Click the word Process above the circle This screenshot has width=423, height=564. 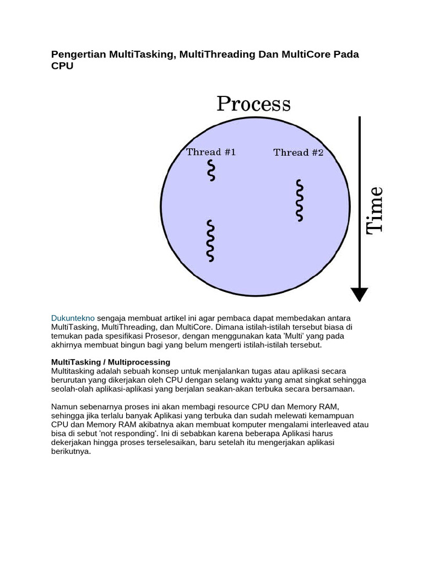253,104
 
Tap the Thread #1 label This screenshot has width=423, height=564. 211,152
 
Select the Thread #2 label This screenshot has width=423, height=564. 299,153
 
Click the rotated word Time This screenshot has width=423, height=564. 375,210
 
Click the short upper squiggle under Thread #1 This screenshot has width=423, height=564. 211,171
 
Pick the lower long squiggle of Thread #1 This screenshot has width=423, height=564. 210,241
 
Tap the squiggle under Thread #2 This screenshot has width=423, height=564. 299,200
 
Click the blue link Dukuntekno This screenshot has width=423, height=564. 73,318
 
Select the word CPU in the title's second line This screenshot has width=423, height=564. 62,66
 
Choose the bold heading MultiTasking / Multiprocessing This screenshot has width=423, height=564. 111,362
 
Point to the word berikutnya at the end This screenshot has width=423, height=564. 70,451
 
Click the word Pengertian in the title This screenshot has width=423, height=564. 78,55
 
